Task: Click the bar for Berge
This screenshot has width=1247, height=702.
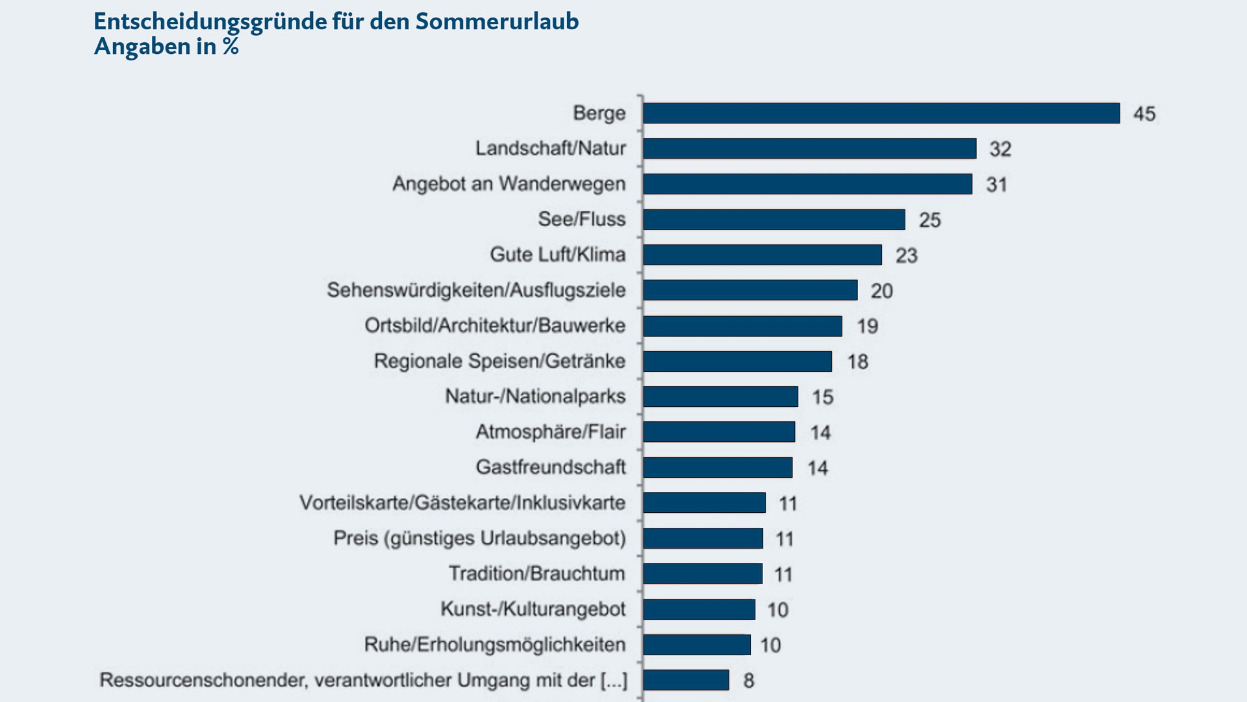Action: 881,113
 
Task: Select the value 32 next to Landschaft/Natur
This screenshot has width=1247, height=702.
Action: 1000,149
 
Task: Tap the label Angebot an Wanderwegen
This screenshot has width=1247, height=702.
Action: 509,184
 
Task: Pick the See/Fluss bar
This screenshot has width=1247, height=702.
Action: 774,220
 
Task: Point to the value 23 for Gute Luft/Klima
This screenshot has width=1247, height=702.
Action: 906,255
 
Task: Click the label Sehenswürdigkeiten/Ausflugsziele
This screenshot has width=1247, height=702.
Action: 476,290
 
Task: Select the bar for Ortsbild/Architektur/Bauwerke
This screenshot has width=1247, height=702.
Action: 742,326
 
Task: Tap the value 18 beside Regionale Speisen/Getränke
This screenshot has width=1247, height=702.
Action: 857,361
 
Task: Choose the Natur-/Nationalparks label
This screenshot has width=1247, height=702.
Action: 535,396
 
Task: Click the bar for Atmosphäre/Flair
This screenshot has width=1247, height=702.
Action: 719,432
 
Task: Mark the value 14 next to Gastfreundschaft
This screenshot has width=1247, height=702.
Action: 818,468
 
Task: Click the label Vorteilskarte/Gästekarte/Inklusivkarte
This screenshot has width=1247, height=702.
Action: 462,502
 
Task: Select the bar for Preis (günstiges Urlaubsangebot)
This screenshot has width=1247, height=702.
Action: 703,538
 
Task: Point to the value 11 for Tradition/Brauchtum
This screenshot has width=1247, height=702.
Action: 783,575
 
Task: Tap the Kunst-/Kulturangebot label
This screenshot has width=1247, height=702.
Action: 533,609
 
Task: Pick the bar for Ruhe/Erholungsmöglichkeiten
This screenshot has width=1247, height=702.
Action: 696,645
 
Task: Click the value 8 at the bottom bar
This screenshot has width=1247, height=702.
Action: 748,681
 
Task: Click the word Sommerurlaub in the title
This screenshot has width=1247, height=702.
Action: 497,21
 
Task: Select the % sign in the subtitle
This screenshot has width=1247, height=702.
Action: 231,46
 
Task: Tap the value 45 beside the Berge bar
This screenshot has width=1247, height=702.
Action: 1144,114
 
